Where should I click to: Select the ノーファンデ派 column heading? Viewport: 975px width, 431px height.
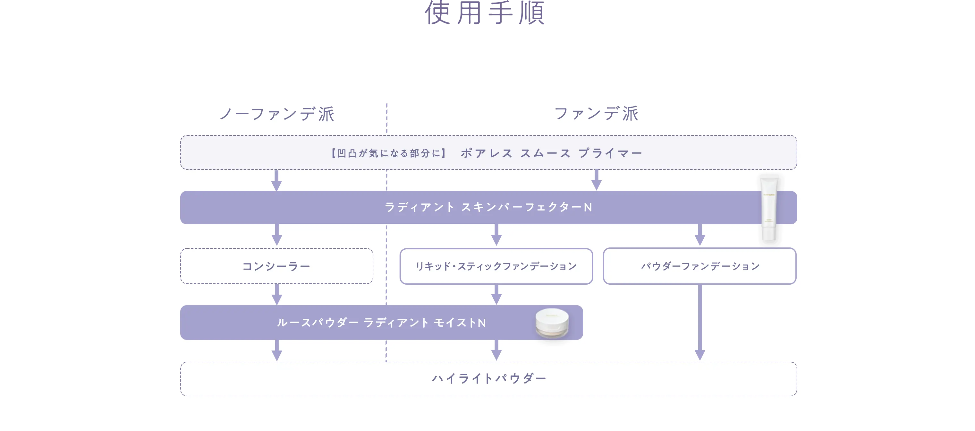coord(277,114)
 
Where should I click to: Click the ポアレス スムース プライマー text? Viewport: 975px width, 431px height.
coord(551,153)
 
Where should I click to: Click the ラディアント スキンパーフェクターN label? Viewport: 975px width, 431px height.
coord(488,207)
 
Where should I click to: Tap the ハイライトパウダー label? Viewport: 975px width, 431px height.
coord(489,378)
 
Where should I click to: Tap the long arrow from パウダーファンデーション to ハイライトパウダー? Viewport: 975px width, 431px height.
coord(700,322)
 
